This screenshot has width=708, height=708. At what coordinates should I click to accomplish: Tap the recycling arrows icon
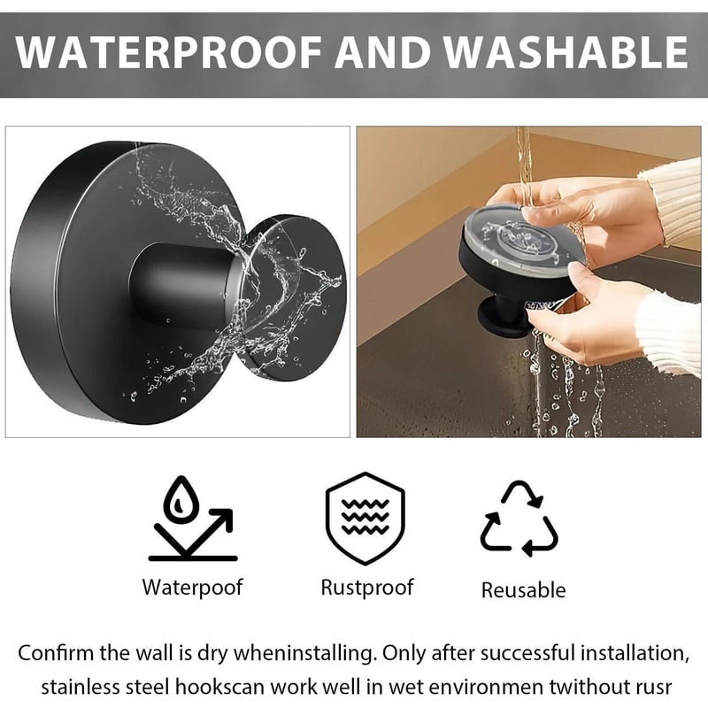click(x=519, y=519)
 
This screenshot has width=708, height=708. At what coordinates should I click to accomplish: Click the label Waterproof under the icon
click(x=192, y=587)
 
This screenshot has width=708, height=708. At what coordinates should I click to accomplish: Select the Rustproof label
click(x=366, y=587)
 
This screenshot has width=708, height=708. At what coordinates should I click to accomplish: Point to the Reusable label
click(x=523, y=589)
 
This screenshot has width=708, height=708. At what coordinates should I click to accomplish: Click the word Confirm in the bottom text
click(x=58, y=654)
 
